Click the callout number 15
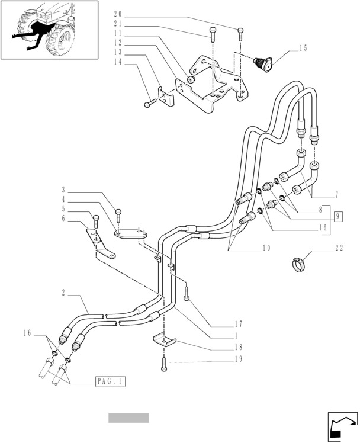(x=303, y=48)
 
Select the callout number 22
(x=339, y=249)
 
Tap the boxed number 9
(x=338, y=216)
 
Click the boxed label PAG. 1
(x=110, y=382)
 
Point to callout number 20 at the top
(x=118, y=14)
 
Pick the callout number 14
(x=118, y=62)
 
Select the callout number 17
(x=238, y=323)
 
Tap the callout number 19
(x=238, y=359)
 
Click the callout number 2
(x=63, y=292)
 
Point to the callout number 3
(x=63, y=190)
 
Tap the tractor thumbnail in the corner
(x=50, y=30)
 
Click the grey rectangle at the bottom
(x=128, y=418)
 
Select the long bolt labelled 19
(x=163, y=365)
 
